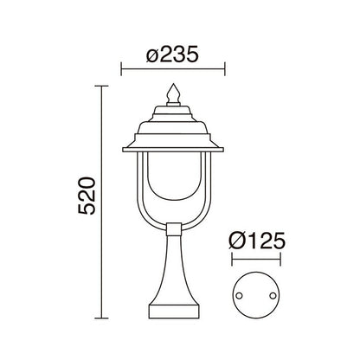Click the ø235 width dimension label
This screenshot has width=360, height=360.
pos(173,54)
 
